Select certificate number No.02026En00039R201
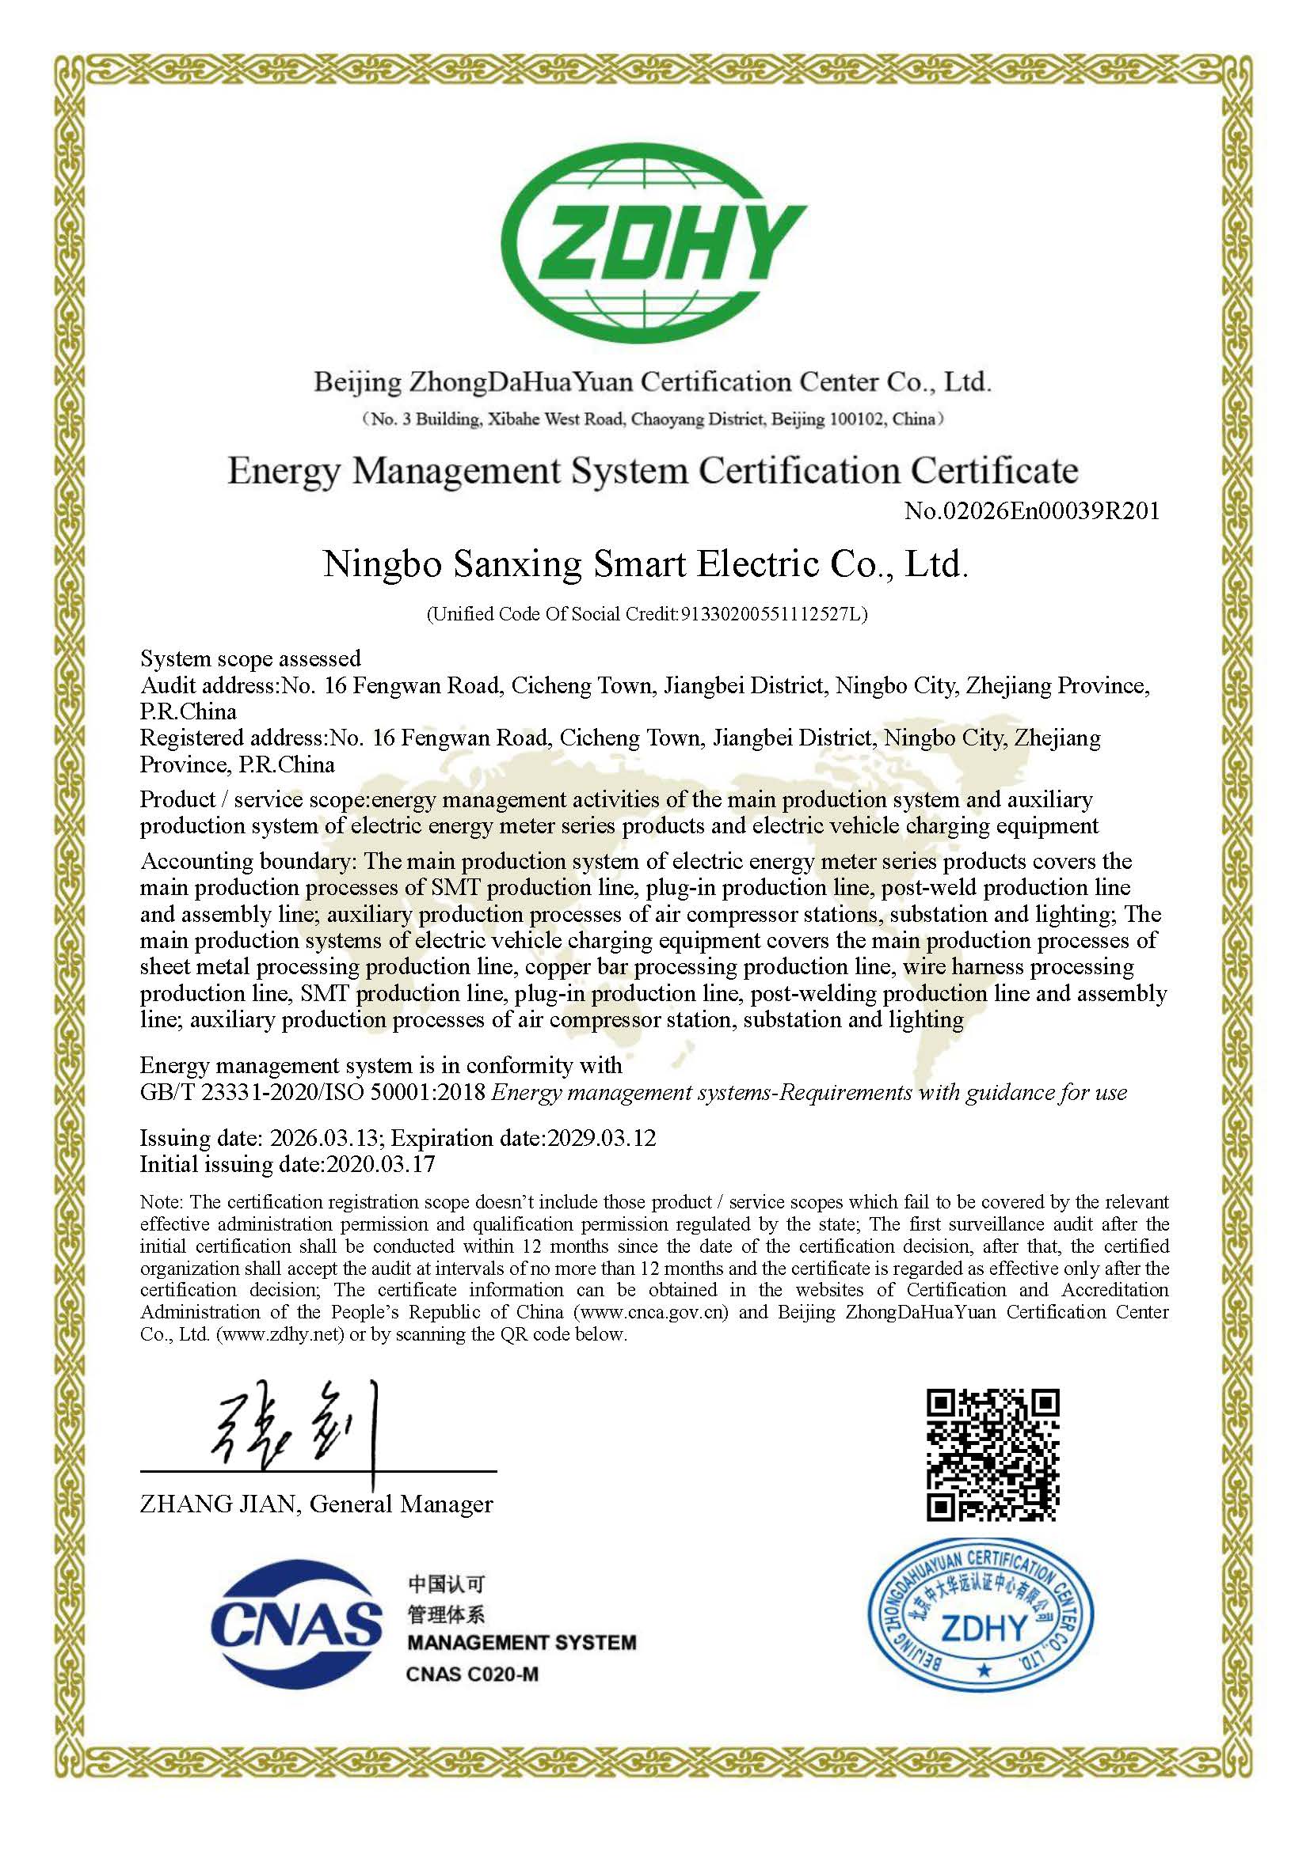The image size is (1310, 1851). click(x=1032, y=510)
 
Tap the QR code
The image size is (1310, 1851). click(x=992, y=1455)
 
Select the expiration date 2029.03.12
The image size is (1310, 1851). click(x=602, y=1137)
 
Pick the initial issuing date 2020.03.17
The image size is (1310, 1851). click(x=380, y=1164)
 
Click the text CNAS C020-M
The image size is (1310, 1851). click(x=472, y=1675)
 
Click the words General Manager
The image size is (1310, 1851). click(x=401, y=1504)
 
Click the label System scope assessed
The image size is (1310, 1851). click(x=250, y=658)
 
